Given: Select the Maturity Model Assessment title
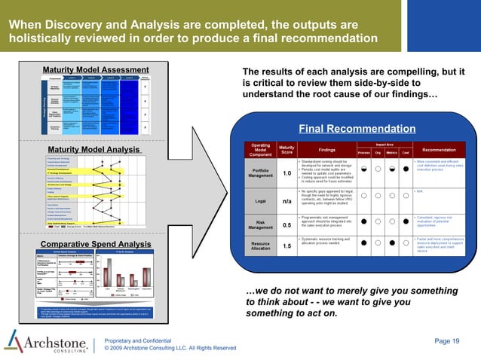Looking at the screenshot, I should (x=90, y=70).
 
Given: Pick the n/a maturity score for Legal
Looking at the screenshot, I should (x=286, y=202).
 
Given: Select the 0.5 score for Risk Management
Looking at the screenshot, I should (x=286, y=224).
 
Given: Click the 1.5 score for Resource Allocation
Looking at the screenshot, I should (x=286, y=246).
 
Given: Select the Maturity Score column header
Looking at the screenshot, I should (x=286, y=149).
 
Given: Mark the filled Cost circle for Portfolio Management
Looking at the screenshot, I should (x=406, y=169).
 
